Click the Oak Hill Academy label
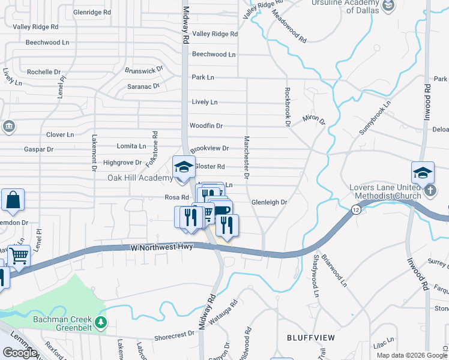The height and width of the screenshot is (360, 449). [x=140, y=178]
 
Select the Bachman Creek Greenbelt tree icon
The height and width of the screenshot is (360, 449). [x=101, y=323]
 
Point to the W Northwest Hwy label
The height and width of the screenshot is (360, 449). [x=161, y=247]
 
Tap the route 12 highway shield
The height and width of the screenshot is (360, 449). [x=356, y=209]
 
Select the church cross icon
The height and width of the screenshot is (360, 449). [x=430, y=191]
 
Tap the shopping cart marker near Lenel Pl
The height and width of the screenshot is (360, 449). [x=19, y=256]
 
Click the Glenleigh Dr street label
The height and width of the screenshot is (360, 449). [x=269, y=203]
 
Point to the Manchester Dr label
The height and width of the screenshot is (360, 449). [x=246, y=158]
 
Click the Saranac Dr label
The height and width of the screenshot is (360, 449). [x=143, y=86]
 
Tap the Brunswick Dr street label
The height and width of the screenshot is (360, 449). [x=144, y=70]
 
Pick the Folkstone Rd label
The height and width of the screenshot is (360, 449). [x=155, y=148]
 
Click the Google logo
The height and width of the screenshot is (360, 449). [x=20, y=353]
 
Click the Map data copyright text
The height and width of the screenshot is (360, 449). [x=412, y=355]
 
